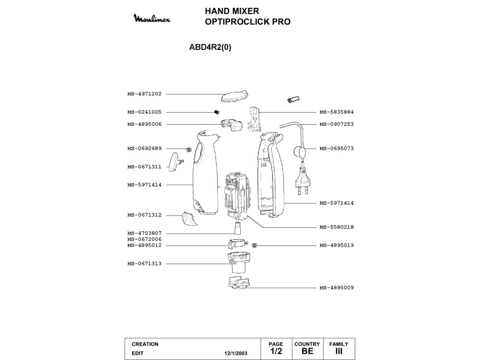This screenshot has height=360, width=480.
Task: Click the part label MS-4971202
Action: point(145,94)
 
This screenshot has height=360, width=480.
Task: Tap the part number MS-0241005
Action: point(145,112)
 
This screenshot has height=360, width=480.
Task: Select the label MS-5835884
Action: point(337,112)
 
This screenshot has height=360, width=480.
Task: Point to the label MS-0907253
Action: point(337,124)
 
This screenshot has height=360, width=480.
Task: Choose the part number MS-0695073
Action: point(337,149)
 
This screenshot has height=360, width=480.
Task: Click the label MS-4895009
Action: point(337,288)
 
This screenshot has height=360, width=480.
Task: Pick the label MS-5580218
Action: point(337,227)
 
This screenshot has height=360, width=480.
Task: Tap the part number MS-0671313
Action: point(145,264)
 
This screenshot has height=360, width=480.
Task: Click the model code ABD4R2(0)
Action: point(210,48)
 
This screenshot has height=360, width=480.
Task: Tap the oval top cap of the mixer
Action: point(234,94)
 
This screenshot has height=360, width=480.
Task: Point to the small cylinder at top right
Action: point(293,100)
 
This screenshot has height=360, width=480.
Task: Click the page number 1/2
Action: point(276,351)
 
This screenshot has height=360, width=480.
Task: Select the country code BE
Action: point(307,351)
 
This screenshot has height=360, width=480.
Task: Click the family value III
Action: point(339,351)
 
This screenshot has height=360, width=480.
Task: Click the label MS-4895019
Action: point(337,245)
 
